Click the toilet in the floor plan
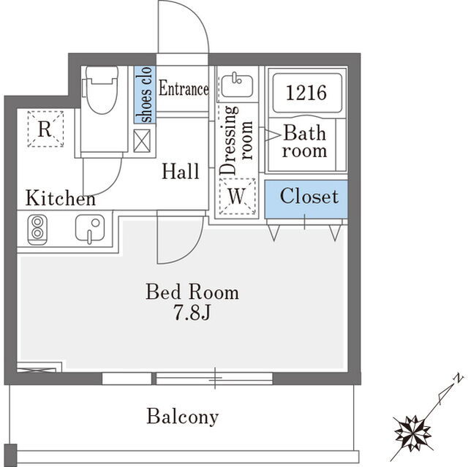coord(101,89)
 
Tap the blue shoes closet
coord(145,94)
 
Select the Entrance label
coord(184,88)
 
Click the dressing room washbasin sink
coord(237,86)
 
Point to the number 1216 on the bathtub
coord(306,92)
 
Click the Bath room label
coord(304,142)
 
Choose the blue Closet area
coord(306,200)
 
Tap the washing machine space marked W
coord(237,196)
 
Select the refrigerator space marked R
coord(45,129)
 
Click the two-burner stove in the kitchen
coord(37,229)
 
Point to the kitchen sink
coord(90,228)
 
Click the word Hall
coord(181,171)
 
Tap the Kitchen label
coord(61,198)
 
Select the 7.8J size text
coord(192,313)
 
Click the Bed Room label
coord(192,292)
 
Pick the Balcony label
coord(183,417)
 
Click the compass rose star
coord(413,433)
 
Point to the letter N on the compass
coord(458,378)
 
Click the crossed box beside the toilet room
coord(142,141)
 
